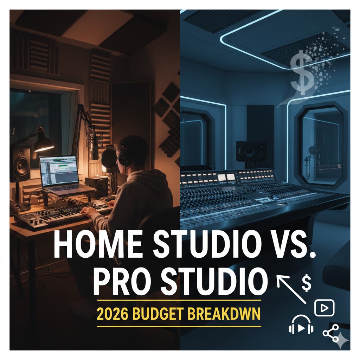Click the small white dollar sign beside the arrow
306,284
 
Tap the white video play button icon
324,308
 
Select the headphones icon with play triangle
301,324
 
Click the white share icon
330,333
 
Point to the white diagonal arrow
291,289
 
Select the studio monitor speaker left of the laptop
21,163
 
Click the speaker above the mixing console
251,151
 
